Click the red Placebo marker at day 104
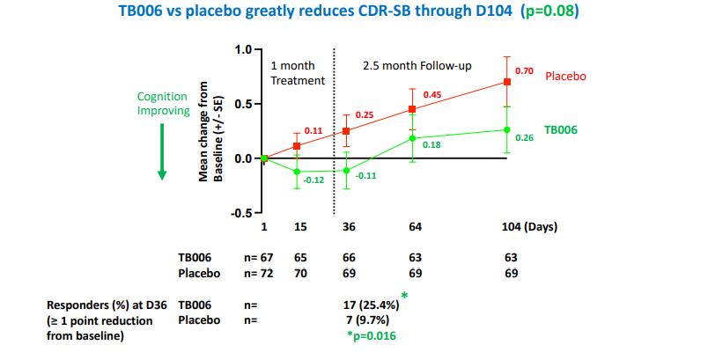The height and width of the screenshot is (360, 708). (x=506, y=82)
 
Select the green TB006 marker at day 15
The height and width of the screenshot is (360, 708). (x=297, y=172)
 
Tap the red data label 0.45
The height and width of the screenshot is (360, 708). (x=432, y=94)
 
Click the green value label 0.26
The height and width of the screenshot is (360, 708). (x=524, y=137)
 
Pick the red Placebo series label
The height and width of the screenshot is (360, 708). (x=565, y=76)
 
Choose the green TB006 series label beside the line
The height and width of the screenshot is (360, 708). (x=559, y=129)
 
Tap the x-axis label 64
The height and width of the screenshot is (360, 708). (x=415, y=227)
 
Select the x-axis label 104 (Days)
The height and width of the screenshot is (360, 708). (x=530, y=227)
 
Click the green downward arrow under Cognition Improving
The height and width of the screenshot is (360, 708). (x=162, y=151)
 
